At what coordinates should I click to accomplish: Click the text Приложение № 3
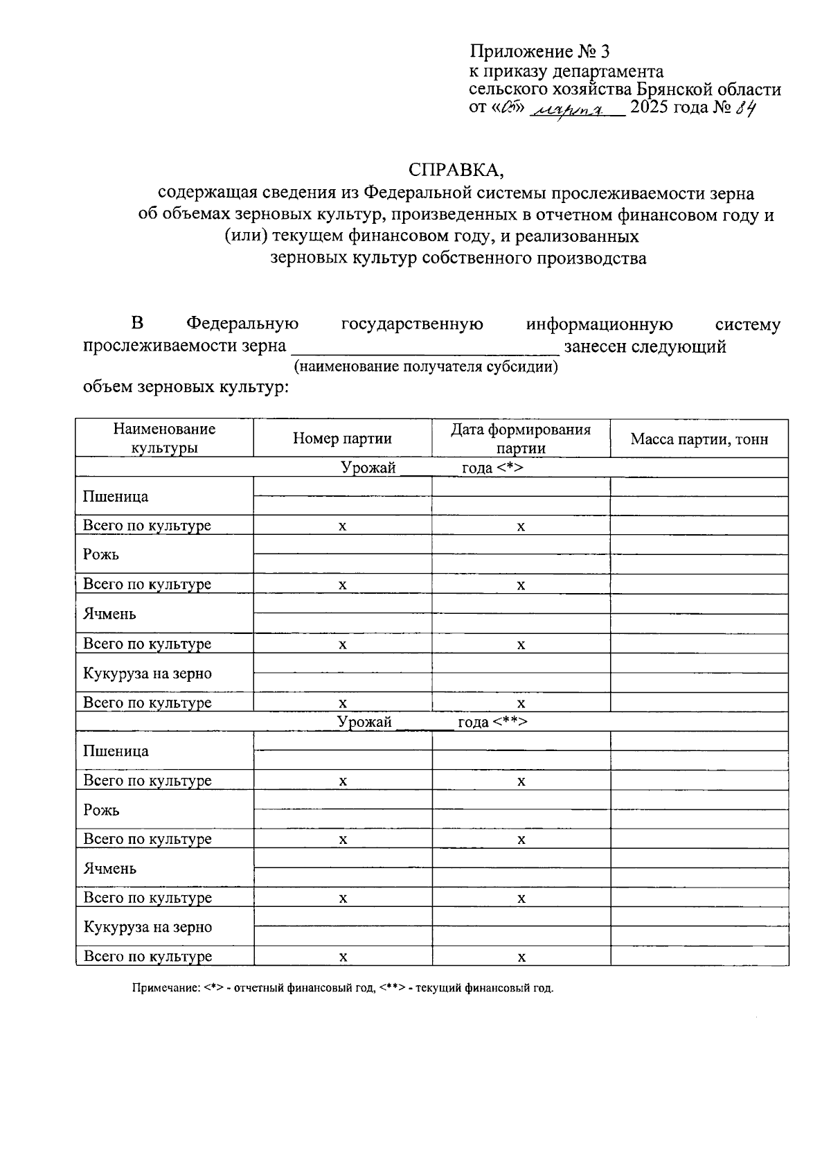click(539, 52)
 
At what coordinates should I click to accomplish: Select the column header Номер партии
click(342, 439)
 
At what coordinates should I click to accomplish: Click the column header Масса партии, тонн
click(699, 439)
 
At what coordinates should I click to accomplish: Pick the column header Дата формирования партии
click(521, 439)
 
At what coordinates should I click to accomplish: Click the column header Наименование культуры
click(164, 439)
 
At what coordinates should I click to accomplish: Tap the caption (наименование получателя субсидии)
click(426, 366)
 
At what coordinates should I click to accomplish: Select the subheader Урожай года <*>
click(431, 468)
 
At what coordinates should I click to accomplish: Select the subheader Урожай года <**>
click(431, 722)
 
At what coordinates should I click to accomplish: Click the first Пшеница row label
click(116, 496)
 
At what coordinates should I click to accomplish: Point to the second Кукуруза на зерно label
click(148, 927)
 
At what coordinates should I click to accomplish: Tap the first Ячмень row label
click(109, 614)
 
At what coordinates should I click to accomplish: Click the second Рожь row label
click(101, 809)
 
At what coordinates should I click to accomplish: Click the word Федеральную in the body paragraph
click(242, 324)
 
